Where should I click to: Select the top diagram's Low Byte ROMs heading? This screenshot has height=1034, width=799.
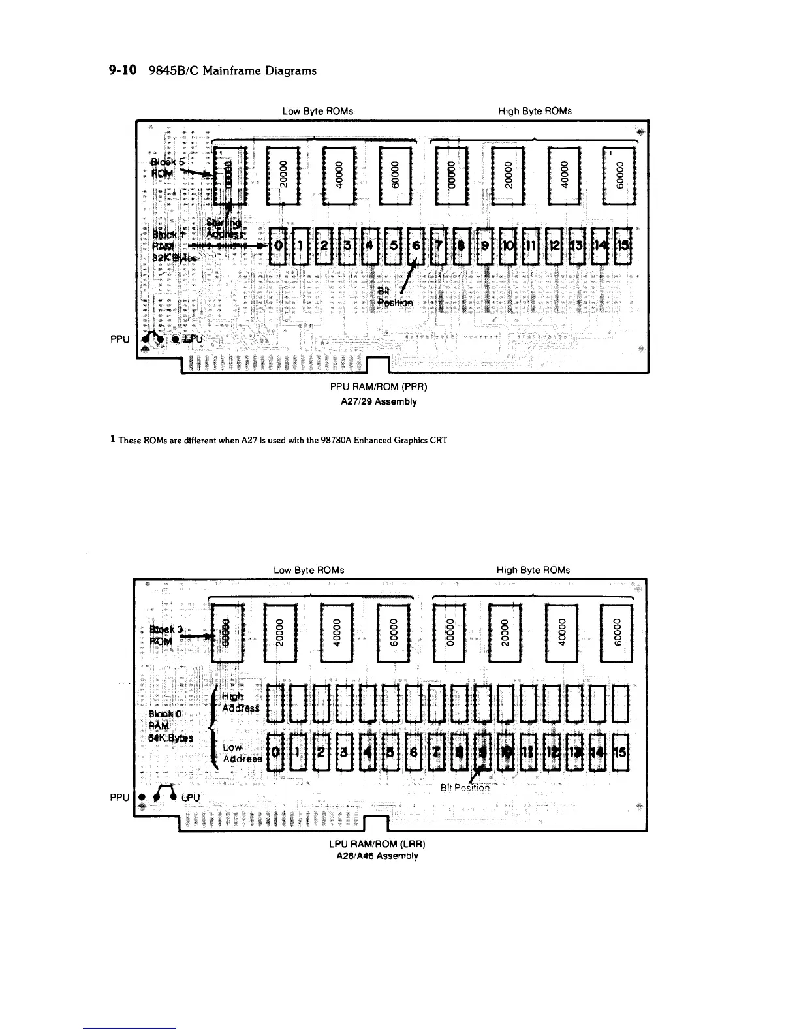click(318, 111)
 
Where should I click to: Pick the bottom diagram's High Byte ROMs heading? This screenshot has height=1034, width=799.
click(533, 570)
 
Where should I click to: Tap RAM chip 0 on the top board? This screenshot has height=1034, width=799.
click(279, 245)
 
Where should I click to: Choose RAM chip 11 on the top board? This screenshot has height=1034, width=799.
click(531, 245)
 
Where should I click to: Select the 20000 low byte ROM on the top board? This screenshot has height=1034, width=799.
click(283, 175)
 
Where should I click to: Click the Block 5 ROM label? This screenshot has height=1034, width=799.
click(163, 167)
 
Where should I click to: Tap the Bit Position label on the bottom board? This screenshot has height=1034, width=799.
click(465, 787)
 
